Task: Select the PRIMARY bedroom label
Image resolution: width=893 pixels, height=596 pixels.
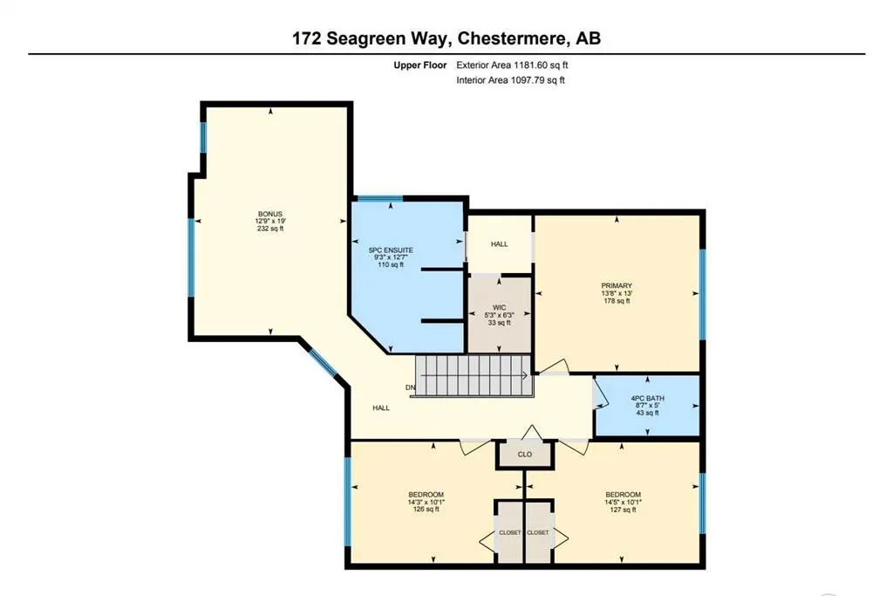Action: point(616,285)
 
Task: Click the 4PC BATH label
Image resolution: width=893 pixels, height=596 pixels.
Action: point(647,398)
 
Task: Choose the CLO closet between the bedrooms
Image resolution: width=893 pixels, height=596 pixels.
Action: point(525,454)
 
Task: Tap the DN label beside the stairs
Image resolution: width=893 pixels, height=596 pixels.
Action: point(409,387)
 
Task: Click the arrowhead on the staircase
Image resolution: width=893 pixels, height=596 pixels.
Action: point(525,377)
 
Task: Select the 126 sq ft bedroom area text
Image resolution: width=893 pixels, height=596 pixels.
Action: point(426,510)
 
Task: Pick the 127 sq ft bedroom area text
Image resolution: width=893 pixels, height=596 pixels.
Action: point(623,510)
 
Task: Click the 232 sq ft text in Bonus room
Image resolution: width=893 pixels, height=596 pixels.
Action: point(269,229)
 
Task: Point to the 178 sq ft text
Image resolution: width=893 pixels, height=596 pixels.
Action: point(616,300)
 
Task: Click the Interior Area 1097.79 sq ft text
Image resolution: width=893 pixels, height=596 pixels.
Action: point(510,80)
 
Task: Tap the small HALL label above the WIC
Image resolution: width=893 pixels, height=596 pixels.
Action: point(499,244)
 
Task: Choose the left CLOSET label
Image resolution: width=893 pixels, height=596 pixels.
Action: point(509,532)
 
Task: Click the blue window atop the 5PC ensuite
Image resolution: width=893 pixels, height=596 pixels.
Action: point(380,199)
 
